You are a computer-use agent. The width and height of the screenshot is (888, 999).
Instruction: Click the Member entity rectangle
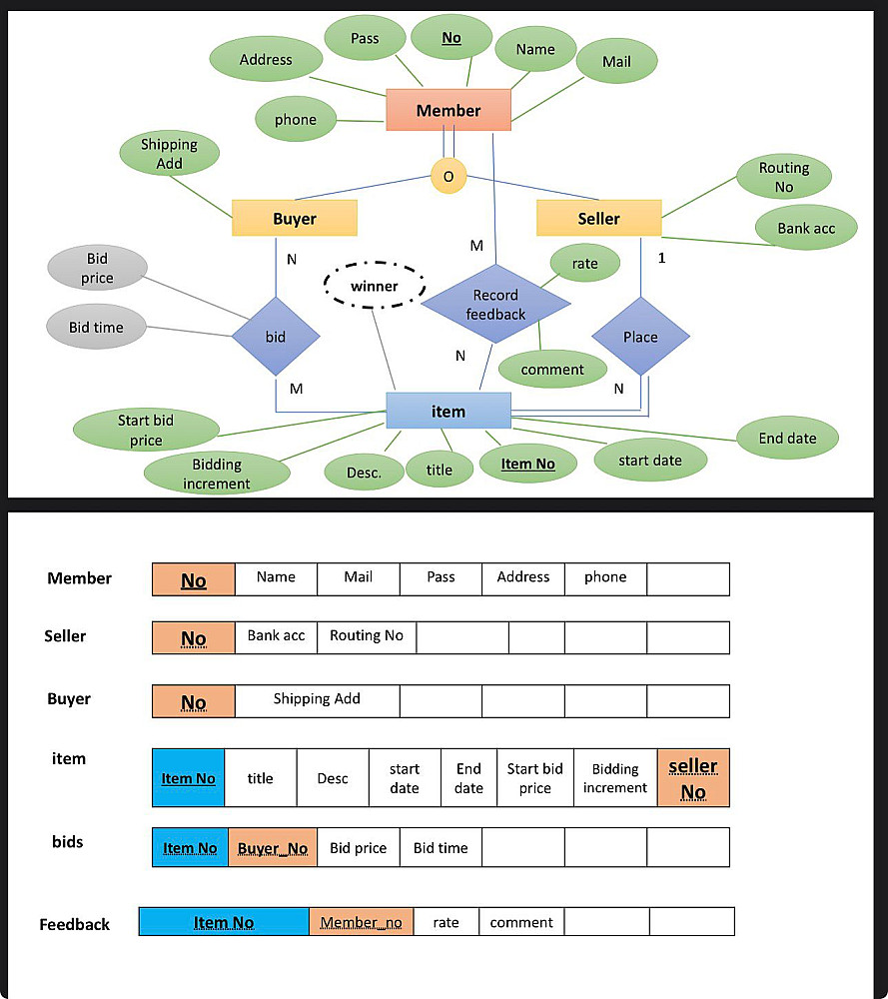tap(448, 110)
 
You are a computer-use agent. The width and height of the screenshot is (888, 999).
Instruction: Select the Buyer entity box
tap(295, 219)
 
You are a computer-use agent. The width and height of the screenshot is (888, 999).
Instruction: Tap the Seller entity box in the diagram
tap(598, 219)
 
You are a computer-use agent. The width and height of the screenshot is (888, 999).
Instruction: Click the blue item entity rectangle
tap(448, 411)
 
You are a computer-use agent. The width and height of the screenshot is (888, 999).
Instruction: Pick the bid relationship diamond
tap(276, 337)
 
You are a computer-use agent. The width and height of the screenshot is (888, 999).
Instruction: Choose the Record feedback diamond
tap(495, 304)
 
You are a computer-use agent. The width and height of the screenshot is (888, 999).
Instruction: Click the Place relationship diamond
tap(641, 337)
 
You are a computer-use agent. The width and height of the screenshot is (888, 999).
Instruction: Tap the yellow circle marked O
tap(448, 176)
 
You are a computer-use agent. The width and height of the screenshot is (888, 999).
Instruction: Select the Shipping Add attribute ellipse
tap(170, 154)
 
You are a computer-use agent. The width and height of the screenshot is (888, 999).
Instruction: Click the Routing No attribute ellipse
tap(784, 177)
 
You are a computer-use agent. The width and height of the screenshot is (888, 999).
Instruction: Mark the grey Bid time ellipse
tap(96, 327)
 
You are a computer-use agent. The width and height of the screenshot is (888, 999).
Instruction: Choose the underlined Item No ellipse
tap(528, 464)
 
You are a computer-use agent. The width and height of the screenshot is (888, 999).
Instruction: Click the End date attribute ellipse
tap(787, 438)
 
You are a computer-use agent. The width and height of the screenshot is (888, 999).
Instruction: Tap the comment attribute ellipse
tap(552, 369)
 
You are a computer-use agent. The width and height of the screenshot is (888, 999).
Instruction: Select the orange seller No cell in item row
tap(693, 778)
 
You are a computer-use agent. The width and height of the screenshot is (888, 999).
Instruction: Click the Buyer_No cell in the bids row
tap(273, 847)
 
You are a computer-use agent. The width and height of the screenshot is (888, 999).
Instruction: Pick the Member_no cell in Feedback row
tap(362, 922)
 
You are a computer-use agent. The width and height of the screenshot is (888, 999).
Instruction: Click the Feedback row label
tap(75, 924)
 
